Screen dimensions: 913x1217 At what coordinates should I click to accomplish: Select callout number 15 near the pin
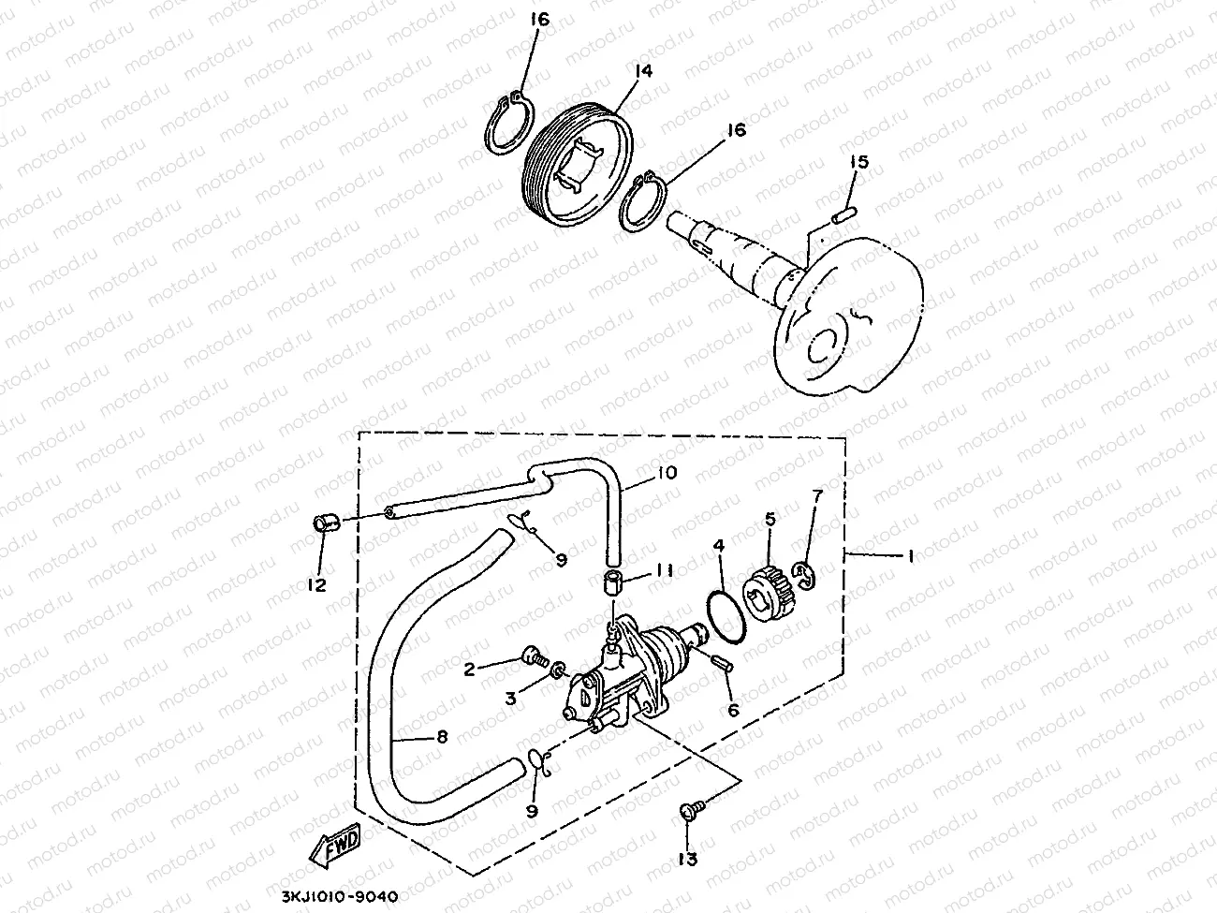(x=859, y=162)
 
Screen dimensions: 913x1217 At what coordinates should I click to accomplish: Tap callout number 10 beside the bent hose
(x=666, y=473)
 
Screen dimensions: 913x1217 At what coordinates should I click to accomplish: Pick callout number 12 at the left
(x=316, y=585)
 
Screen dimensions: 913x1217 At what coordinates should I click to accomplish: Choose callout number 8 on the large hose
(x=441, y=736)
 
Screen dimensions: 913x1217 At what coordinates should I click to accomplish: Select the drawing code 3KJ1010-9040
(x=340, y=896)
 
